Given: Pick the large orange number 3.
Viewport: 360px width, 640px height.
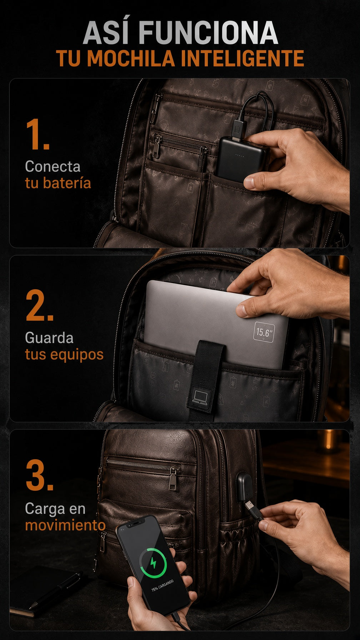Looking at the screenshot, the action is (x=39, y=476).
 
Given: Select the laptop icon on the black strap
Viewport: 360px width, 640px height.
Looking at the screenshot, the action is (x=199, y=397).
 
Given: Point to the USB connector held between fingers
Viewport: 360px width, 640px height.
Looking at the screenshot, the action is (x=253, y=510).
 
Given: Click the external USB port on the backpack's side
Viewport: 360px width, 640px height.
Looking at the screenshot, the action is (x=244, y=486).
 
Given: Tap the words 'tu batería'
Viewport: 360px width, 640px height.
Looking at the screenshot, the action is (x=58, y=183).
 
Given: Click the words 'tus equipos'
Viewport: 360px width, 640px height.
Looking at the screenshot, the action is (x=64, y=355).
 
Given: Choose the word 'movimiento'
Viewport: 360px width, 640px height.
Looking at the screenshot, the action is (x=65, y=525).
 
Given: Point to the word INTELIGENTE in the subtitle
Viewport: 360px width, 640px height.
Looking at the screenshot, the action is (x=242, y=59).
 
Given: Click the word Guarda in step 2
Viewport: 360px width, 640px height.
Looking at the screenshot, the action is (x=49, y=338).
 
